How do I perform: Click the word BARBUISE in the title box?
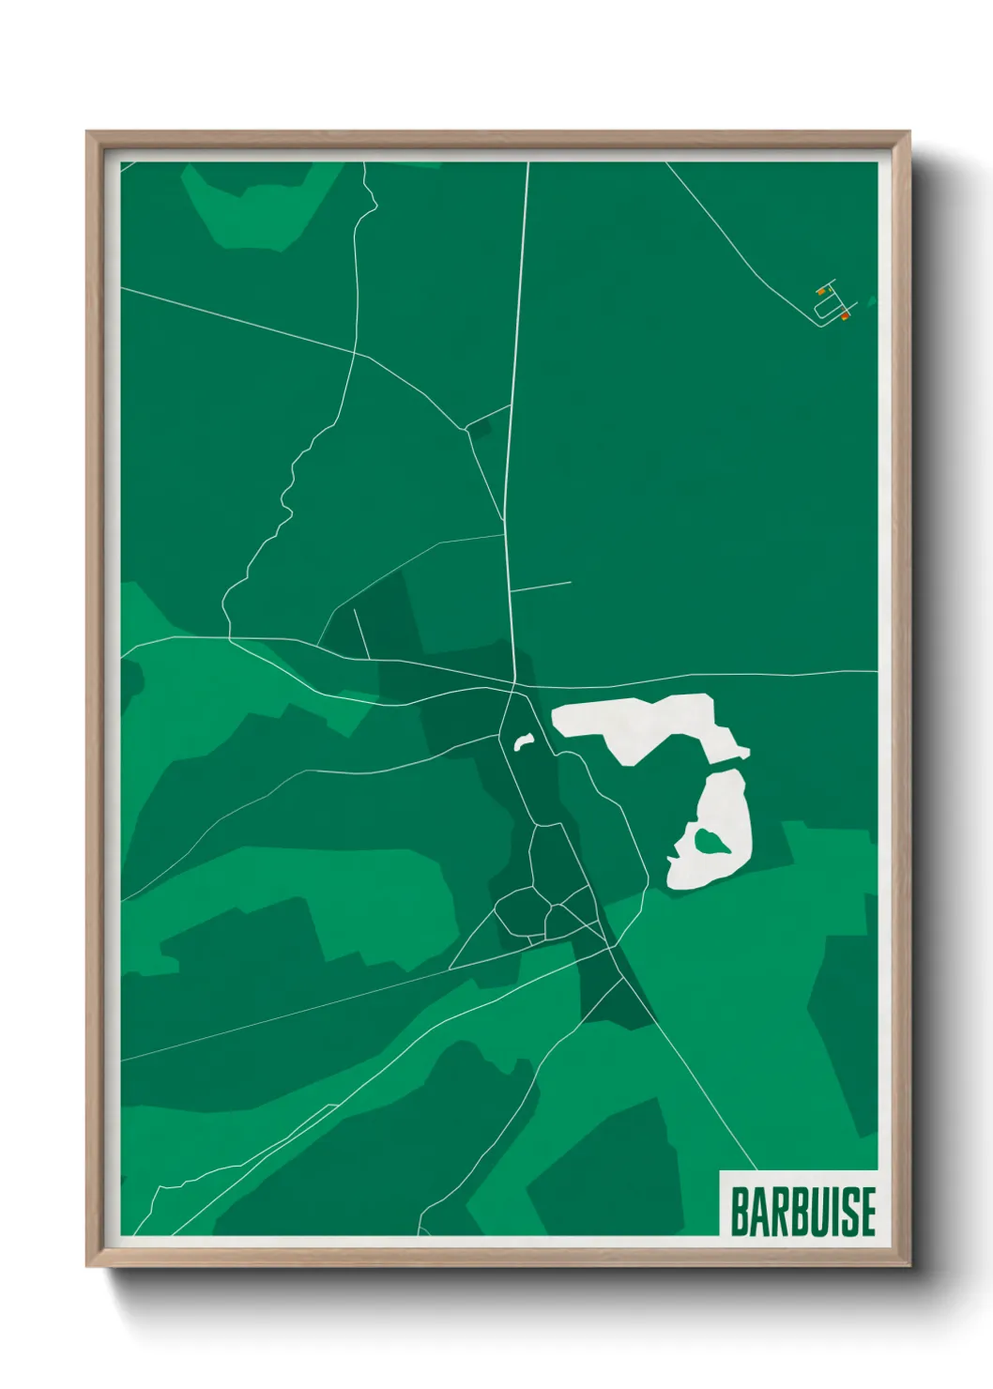click(x=802, y=1212)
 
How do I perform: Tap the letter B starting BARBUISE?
click(x=739, y=1212)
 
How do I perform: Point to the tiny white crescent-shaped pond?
click(x=523, y=741)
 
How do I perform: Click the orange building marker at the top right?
click(x=820, y=292)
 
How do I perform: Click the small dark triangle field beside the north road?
click(x=480, y=429)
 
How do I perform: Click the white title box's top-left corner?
click(x=720, y=1171)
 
